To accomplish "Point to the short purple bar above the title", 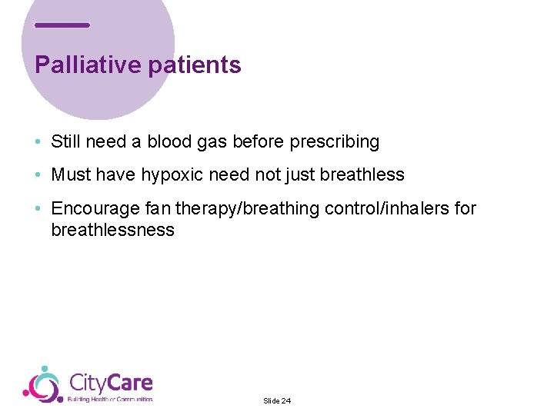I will click(x=62, y=25).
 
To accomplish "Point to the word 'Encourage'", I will click(x=91, y=208).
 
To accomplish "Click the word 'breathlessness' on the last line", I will click(x=112, y=230).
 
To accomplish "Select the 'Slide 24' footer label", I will click(x=277, y=401).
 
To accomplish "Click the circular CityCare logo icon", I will click(x=43, y=384).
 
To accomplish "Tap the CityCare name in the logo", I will click(x=111, y=383).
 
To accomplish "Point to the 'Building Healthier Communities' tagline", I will click(x=110, y=399).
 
